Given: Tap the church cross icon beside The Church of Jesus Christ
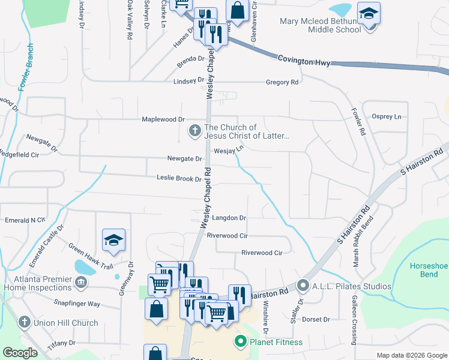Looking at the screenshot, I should coord(194,130).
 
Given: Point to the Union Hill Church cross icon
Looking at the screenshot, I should coord(25,322).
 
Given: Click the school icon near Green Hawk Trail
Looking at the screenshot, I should coord(113,240).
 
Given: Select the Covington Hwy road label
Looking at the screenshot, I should coord(304,59).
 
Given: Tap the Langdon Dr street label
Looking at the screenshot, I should coord(229,218).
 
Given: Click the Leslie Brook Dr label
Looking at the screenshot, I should coord(178,178).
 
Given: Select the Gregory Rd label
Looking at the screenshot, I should coord(282,82).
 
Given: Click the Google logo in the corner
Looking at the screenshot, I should coord(20,353).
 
